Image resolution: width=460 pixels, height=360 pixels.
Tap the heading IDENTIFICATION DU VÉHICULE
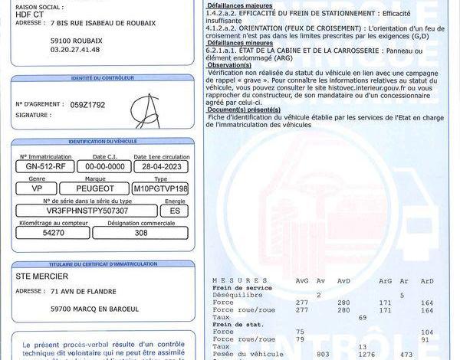point(103,142)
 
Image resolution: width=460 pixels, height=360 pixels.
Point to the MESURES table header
point(229,280)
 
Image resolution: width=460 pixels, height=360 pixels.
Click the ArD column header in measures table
point(427,280)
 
